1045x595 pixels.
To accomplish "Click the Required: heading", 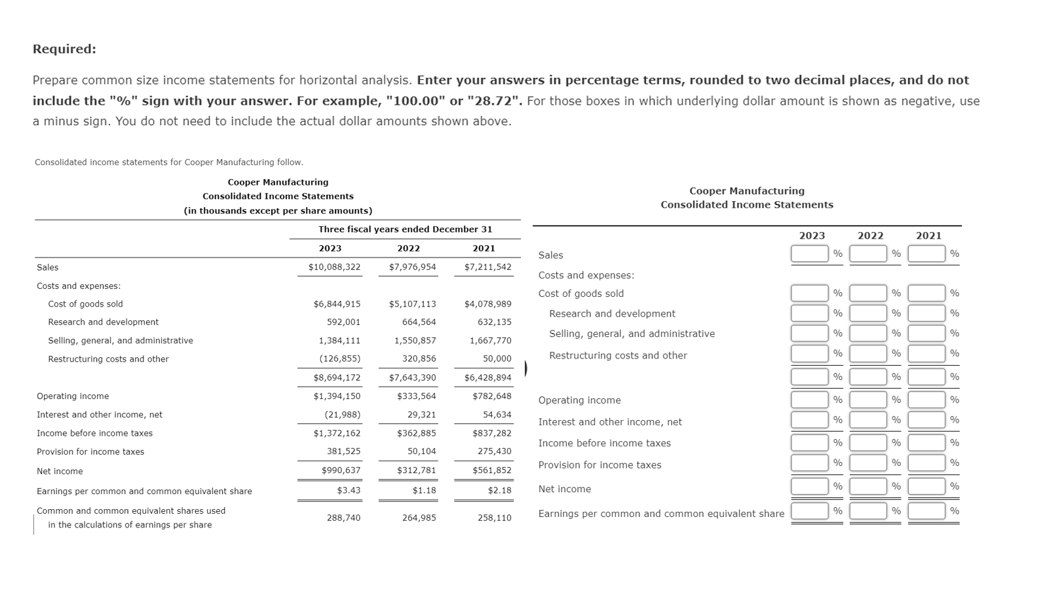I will coord(64,49).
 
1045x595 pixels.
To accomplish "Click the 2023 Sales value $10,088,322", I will coord(334,267).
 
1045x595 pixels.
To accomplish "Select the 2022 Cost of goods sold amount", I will coord(412,304).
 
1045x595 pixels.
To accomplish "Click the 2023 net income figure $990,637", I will coord(341,470).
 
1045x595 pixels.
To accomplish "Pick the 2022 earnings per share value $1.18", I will coord(424,491).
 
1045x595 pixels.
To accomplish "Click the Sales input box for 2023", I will coord(809,254).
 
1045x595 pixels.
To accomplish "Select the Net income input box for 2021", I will coord(926,486).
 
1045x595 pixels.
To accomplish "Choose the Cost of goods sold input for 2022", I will coord(867,293).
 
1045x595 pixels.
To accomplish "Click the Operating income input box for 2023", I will coord(809,400).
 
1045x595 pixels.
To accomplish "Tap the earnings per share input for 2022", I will coord(867,511).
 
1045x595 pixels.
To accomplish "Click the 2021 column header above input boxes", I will coord(928,236).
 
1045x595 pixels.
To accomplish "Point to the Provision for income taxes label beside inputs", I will coord(599,465).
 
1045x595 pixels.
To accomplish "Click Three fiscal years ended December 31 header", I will coord(405,229).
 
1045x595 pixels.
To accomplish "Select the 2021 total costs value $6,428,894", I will coord(487,378).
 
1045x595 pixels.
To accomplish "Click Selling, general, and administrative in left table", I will coord(121,341).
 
